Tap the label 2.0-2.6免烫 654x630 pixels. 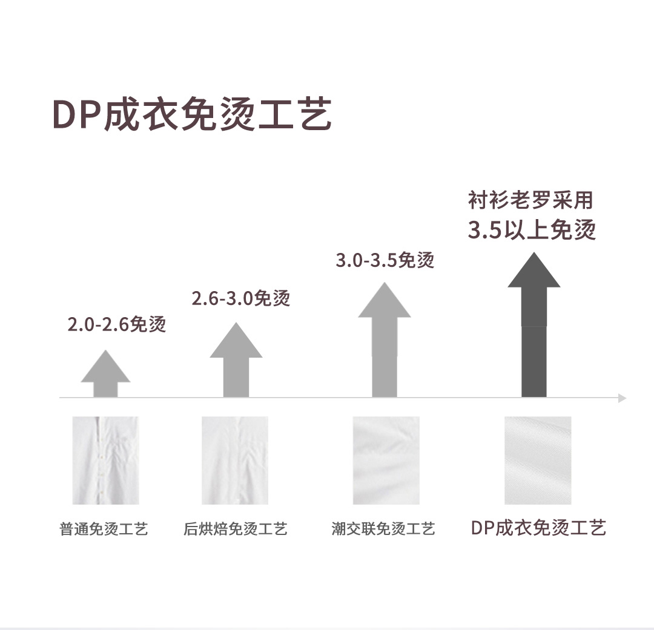point(116,325)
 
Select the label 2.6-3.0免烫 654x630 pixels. point(241,298)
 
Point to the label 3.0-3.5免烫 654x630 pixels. point(385,261)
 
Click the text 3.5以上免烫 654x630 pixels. point(532,231)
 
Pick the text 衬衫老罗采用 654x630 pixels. point(530,200)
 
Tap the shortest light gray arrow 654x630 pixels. point(105,375)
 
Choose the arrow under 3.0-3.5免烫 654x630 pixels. point(385,342)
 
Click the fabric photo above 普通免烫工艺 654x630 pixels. point(105,461)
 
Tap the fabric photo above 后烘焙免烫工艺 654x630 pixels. point(235,461)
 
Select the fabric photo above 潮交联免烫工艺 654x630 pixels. point(386,461)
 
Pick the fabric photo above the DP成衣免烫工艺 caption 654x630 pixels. point(538,461)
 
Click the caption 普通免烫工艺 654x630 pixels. point(104,530)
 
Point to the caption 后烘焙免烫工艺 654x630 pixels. point(235,530)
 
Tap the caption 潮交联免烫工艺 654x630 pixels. point(383,530)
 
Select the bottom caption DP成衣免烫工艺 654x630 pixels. point(538,528)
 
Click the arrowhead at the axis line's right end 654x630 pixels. point(622,398)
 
